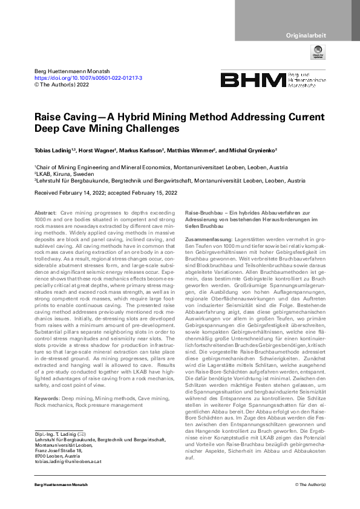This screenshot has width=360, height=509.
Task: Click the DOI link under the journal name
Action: tap(88, 78)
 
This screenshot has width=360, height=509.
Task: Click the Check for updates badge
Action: tap(318, 54)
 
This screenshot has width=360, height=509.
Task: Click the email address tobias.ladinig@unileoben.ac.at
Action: tap(68, 461)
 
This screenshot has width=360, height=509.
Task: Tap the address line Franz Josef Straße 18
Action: tap(59, 450)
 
